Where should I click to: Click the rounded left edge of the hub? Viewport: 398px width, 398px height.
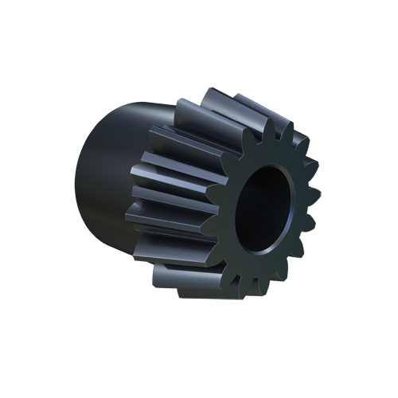(x=80, y=183)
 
